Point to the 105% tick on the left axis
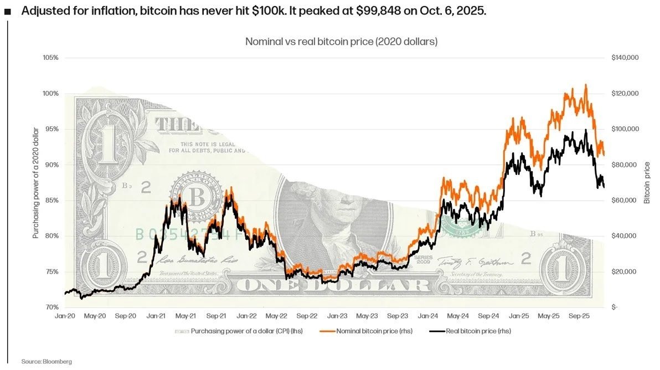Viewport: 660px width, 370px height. coord(50,58)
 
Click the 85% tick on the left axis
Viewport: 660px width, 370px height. coord(51,201)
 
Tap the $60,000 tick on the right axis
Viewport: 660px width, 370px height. coord(623,201)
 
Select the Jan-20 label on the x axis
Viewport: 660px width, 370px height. coord(65,316)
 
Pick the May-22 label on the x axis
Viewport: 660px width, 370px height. coord(276,316)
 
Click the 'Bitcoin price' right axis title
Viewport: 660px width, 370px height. coord(647,182)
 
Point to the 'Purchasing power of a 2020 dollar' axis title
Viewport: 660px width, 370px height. coord(35,182)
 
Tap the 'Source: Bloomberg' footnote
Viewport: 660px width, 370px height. coord(47,362)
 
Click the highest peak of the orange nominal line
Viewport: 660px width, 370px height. coord(586,85)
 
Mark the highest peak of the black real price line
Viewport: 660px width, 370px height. coord(586,130)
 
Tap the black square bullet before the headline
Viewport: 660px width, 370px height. coord(8,12)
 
